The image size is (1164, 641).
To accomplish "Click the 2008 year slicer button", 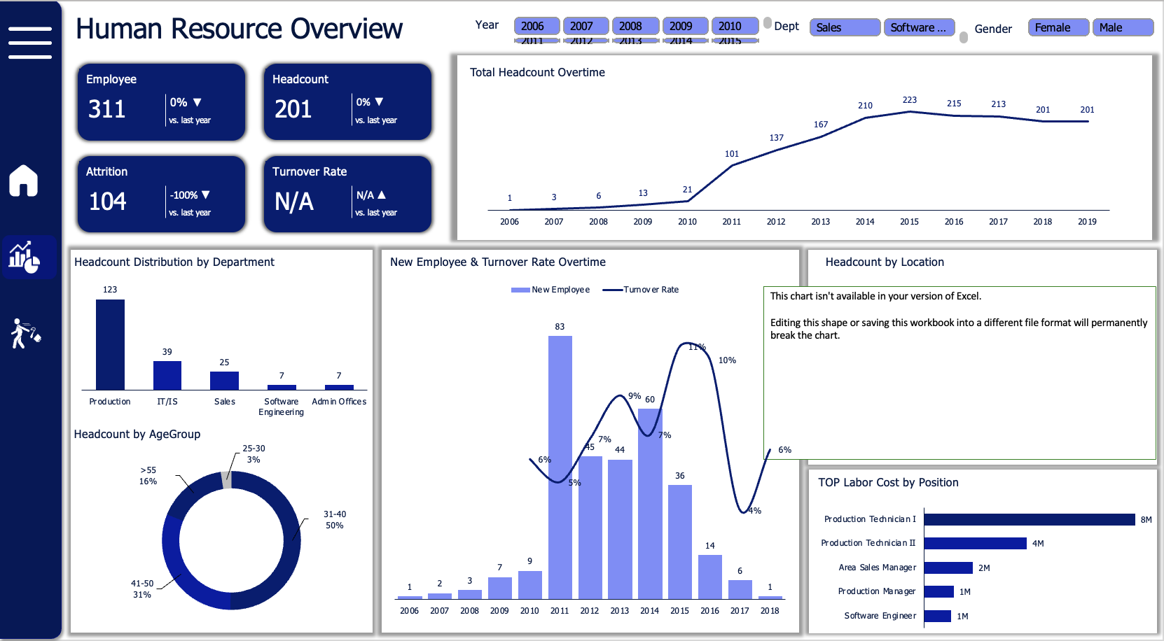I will click(635, 27).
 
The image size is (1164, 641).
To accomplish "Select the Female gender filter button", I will click(1058, 28).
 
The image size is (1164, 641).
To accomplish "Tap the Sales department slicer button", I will click(844, 28).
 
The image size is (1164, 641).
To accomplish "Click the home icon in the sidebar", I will click(24, 181).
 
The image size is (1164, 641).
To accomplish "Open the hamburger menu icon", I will click(30, 43).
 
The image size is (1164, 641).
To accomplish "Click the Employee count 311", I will click(107, 109).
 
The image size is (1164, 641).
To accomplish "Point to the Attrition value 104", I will click(108, 202).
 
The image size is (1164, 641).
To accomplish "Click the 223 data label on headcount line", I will click(910, 100).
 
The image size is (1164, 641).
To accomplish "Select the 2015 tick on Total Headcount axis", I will click(909, 222).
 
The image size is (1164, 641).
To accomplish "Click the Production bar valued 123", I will click(110, 344).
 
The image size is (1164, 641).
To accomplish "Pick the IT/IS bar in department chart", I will click(167, 375).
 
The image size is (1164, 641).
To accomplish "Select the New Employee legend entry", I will click(551, 290).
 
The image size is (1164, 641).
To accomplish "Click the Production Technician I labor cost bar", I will click(1029, 519).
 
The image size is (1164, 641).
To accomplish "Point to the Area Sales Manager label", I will click(877, 568).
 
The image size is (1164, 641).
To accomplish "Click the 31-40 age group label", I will click(335, 519).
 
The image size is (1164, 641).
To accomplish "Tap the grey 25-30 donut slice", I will click(226, 479).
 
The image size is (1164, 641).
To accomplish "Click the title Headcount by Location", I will click(885, 262).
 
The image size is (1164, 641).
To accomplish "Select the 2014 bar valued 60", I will click(650, 503).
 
